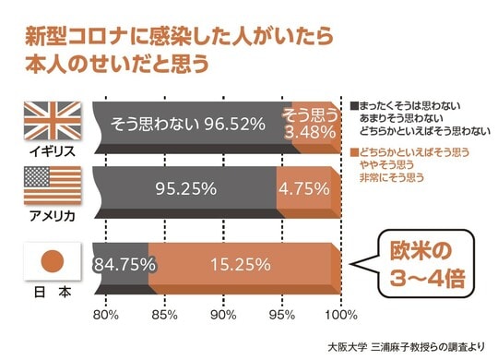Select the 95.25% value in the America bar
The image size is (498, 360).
[x=185, y=187]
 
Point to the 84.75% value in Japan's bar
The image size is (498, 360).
[x=123, y=264]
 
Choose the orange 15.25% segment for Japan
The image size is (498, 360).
[x=240, y=264]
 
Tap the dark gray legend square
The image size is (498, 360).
[x=355, y=104]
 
